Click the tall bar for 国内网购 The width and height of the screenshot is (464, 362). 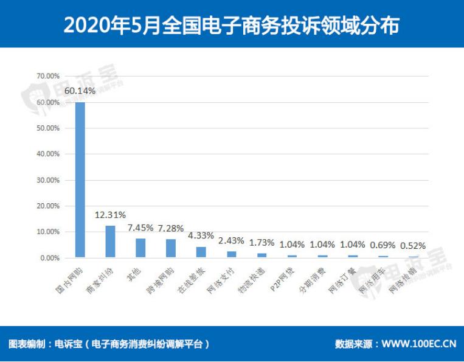coord(80,179)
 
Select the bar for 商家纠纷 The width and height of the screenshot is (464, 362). coord(110,242)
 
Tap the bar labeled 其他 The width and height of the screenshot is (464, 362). coord(140,248)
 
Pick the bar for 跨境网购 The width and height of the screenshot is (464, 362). coord(171,248)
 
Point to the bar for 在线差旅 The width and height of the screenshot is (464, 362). coord(201,252)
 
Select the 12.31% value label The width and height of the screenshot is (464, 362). coord(110,215)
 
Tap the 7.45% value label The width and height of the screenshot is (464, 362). coord(140,228)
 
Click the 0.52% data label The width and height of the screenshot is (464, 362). coord(413,246)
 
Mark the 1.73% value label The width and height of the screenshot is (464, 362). coord(262,242)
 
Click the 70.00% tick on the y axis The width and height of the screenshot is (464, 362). coord(48,77)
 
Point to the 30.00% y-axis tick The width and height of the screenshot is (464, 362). coord(48,180)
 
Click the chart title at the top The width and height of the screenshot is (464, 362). coord(232,24)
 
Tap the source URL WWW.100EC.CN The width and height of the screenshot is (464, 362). coord(419,344)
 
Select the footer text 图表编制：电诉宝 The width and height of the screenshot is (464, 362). coord(45,344)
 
